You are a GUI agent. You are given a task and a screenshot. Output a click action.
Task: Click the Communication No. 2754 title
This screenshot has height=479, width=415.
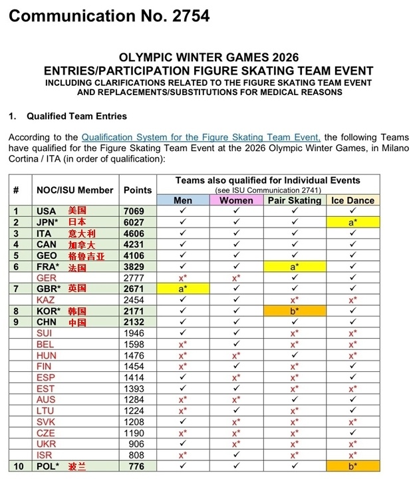(109, 16)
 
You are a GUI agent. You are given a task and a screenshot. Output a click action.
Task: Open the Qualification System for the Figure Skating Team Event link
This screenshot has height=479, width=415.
(201, 138)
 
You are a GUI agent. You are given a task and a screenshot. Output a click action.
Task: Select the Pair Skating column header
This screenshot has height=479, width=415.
(294, 200)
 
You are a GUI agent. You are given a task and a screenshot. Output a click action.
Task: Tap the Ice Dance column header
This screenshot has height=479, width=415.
(353, 200)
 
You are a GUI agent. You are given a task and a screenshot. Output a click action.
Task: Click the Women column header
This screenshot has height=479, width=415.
(236, 200)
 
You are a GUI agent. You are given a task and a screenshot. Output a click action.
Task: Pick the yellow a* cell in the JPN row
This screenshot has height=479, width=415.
(353, 222)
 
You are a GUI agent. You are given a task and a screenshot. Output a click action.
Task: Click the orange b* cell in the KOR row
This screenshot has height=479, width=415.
(294, 311)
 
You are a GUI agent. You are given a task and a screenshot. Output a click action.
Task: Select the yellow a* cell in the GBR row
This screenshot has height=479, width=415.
(182, 289)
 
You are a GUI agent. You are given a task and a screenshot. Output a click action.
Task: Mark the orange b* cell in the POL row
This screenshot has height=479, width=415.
(353, 466)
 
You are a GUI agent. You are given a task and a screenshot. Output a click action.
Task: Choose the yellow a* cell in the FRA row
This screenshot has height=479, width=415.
(294, 267)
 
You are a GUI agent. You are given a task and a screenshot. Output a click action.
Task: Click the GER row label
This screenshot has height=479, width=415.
(47, 278)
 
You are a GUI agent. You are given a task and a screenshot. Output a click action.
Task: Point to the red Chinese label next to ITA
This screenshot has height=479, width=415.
(82, 234)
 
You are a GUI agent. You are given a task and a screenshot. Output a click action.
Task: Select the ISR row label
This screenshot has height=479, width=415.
(46, 455)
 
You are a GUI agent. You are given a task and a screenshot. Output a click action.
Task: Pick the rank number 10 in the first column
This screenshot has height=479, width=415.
(19, 466)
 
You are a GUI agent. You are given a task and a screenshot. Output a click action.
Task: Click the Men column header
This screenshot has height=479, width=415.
(182, 200)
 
